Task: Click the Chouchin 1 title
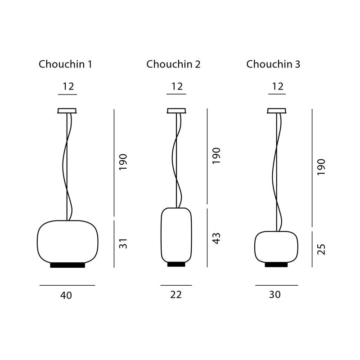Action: [x=65, y=64]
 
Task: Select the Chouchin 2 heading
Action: [x=173, y=64]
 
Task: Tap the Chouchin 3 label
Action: [x=273, y=64]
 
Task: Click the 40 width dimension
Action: [x=66, y=295]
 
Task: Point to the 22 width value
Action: [x=176, y=295]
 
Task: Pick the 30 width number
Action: [x=275, y=295]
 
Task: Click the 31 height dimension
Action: [x=123, y=243]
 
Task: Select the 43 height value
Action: [x=216, y=238]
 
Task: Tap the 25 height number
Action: [x=321, y=249]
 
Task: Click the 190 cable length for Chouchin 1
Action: [x=123, y=162]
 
